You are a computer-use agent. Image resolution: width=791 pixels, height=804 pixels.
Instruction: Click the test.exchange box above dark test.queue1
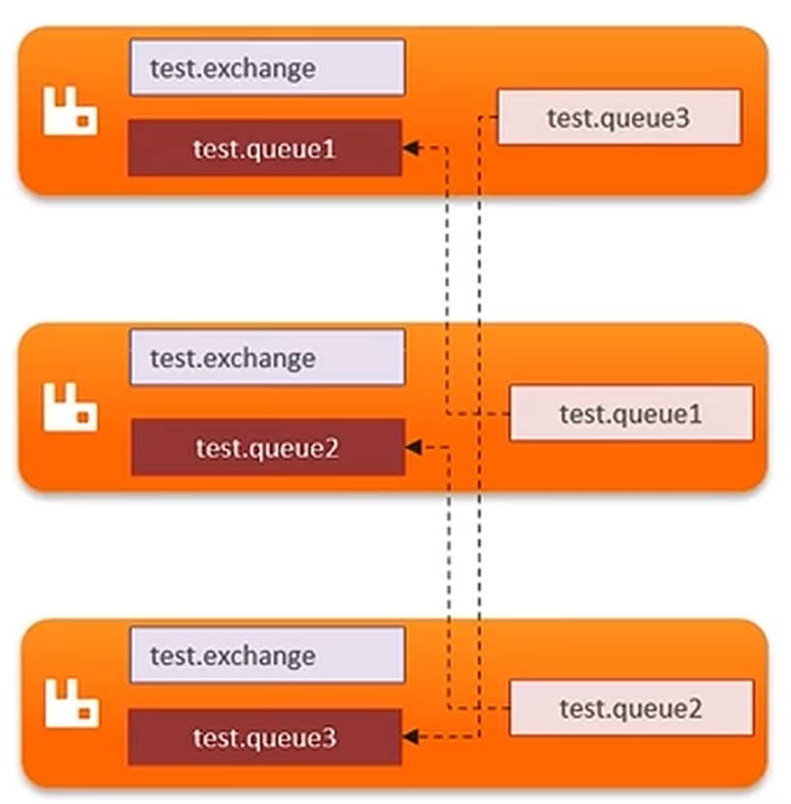click(267, 68)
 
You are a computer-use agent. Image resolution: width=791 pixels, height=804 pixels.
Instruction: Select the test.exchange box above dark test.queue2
click(267, 357)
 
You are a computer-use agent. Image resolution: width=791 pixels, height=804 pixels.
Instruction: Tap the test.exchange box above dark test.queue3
click(267, 655)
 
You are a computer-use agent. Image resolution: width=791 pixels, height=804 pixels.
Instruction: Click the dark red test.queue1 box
click(264, 148)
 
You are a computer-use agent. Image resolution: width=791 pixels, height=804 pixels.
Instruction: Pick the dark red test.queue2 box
click(268, 447)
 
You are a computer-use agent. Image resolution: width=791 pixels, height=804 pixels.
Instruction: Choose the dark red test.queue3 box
click(264, 737)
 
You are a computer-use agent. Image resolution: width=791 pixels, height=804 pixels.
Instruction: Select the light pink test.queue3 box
click(620, 117)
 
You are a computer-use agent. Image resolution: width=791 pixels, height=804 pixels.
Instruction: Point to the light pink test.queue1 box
click(631, 413)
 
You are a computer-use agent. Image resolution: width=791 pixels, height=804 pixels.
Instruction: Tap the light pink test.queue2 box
click(631, 708)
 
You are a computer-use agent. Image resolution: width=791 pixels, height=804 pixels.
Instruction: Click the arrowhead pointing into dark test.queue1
click(411, 148)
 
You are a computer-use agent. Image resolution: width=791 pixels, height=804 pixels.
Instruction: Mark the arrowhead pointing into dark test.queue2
click(414, 447)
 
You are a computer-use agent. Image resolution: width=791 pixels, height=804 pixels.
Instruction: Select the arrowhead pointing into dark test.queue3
click(411, 737)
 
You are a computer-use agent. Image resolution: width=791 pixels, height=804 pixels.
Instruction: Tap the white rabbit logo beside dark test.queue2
click(70, 406)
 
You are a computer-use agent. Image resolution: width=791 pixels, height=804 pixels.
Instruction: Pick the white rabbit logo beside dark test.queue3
click(72, 703)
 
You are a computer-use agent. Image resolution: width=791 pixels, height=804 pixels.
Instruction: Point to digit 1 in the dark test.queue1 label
click(329, 150)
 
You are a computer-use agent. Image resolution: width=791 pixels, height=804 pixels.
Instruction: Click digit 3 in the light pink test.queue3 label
click(683, 118)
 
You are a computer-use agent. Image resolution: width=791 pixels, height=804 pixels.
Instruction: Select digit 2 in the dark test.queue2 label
click(331, 449)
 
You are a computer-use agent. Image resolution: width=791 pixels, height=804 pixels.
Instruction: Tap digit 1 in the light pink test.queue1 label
click(695, 414)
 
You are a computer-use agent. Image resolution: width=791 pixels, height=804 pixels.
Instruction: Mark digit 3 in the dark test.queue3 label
click(329, 738)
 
